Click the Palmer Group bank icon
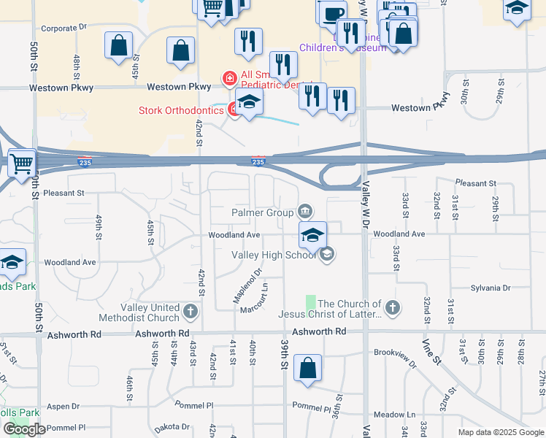305,212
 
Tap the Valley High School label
274,255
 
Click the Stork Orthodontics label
182,111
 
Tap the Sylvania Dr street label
489,288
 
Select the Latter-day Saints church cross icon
393,307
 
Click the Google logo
24,429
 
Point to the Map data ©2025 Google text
500,432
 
